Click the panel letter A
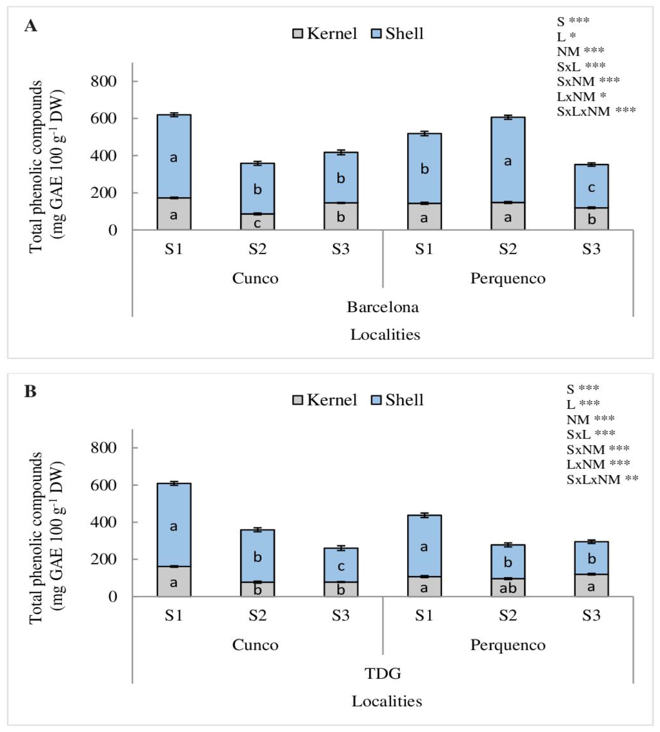pos(31,26)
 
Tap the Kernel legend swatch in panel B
pos(297,400)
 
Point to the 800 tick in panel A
pos(104,81)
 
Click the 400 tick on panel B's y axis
pos(104,522)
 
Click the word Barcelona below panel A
pos(382,307)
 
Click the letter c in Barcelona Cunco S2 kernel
pos(257,223)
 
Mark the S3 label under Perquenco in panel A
pos(591,249)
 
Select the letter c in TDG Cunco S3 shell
pos(341,566)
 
